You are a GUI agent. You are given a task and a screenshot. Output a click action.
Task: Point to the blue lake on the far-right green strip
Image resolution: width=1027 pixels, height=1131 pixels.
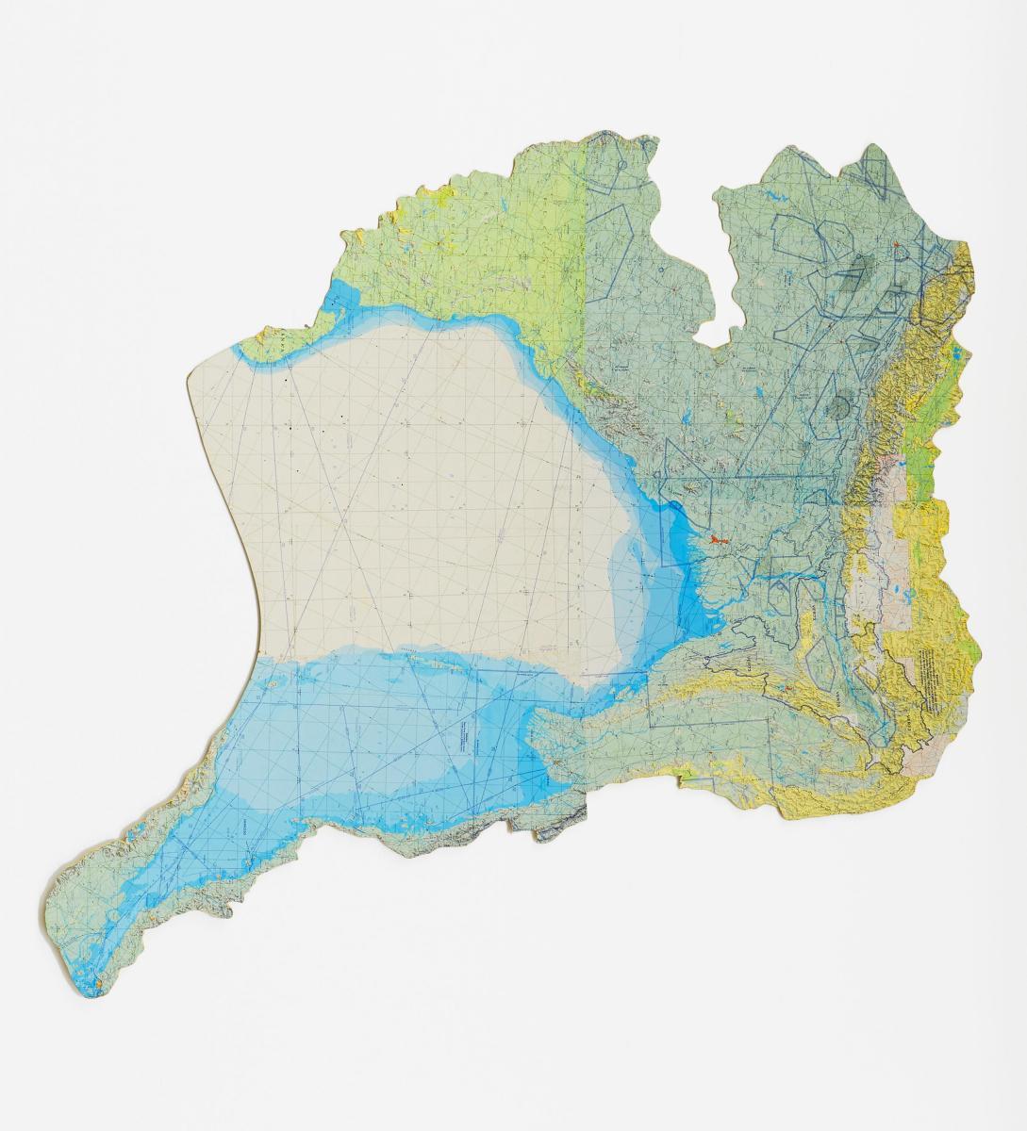click(x=955, y=354)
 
